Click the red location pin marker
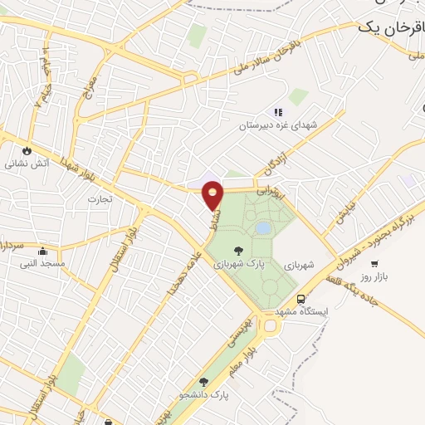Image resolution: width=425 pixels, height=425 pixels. point(214,194)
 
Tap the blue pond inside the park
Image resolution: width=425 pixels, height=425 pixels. point(262,227)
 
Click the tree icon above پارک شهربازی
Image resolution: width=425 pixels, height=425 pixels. point(239,250)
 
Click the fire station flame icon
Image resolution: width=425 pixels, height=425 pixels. point(27,151)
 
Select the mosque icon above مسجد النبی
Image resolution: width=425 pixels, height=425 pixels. point(42,252)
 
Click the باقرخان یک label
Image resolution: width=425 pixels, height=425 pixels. point(390,27)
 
